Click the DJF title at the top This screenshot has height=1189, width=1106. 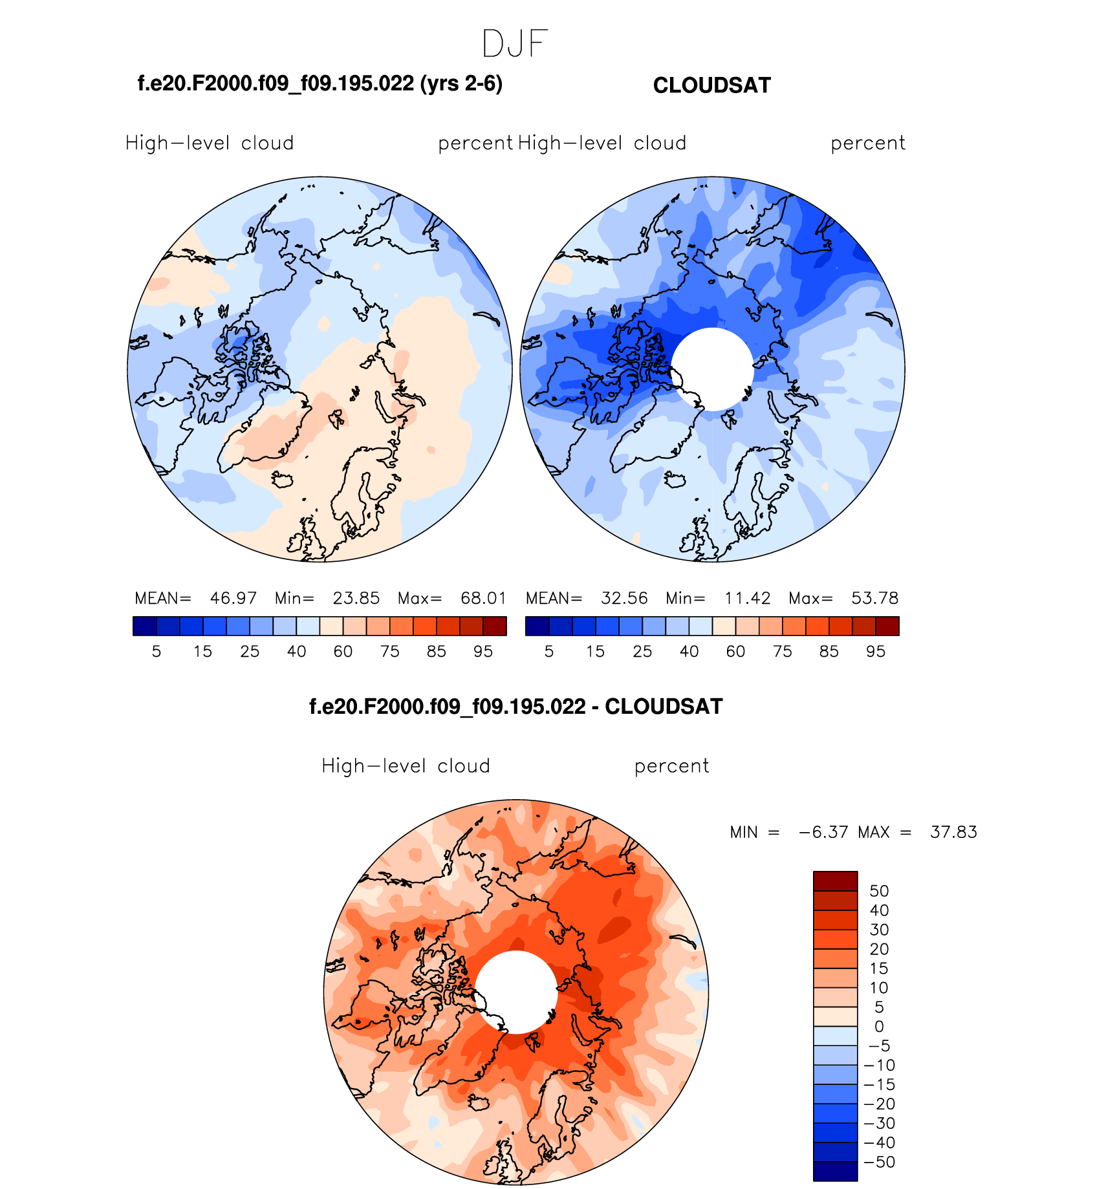pos(515,44)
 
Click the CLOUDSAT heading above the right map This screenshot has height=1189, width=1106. pos(711,85)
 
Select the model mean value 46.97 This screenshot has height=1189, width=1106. pos(233,598)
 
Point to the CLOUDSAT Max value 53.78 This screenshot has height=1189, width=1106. pos(874,598)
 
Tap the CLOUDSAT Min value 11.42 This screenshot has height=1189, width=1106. pos(747,598)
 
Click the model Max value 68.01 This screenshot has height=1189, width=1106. pos(483,598)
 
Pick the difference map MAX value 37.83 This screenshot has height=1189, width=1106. pos(953,832)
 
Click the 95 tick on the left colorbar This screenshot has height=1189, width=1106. pos(483,652)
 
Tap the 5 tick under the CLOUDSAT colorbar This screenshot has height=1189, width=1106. pos(549,652)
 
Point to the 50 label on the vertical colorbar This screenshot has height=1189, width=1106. pos(879,891)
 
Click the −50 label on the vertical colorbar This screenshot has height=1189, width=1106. pos(879,1162)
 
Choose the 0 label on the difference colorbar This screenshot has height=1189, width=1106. pos(879,1026)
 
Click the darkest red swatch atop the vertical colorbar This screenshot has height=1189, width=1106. pos(835,881)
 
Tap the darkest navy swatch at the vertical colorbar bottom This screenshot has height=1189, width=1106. pos(835,1171)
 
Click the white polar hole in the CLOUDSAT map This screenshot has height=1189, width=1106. pos(712,369)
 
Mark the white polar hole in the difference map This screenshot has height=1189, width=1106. pos(515,992)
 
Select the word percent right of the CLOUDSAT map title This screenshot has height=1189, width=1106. pos(867,143)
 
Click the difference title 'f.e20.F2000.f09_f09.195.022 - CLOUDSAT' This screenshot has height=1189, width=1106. pos(515,707)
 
